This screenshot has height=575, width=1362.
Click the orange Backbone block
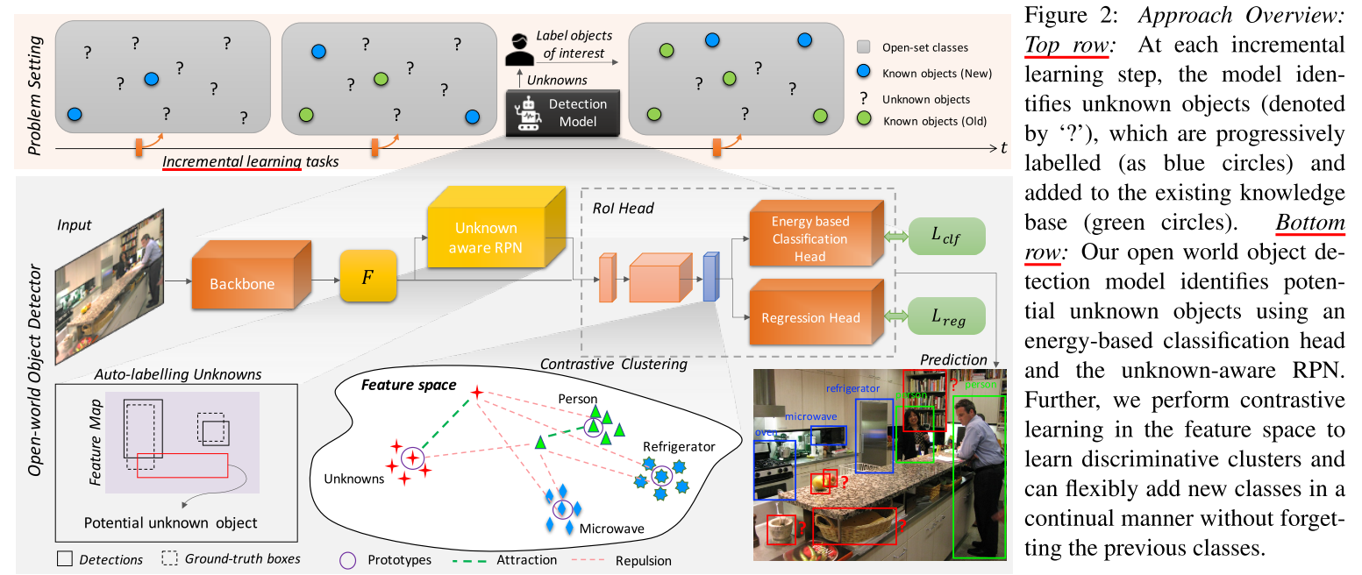(243, 282)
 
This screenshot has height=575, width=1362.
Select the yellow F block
(368, 277)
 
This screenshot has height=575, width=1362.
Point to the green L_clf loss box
(947, 237)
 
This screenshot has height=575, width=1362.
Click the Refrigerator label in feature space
(679, 446)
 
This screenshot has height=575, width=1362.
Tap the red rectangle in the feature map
(182, 465)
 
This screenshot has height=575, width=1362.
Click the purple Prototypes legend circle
(348, 559)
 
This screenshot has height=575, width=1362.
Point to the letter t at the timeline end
(1003, 147)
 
